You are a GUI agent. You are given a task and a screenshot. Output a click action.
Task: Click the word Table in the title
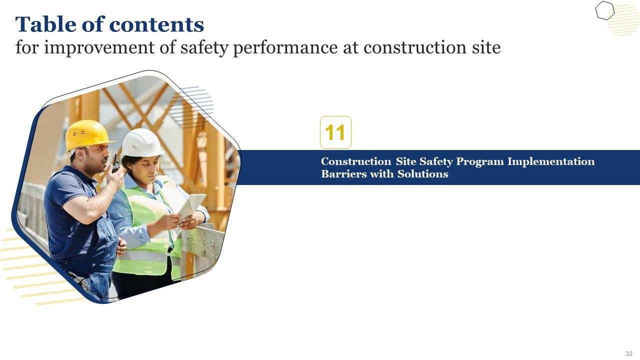pos(45,24)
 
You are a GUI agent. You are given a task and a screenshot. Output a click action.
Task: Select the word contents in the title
pos(156,25)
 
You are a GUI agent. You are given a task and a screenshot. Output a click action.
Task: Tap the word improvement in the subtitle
pos(99,47)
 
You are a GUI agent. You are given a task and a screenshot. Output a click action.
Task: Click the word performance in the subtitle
pos(285,47)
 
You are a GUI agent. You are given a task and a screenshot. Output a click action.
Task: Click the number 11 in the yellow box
pos(335,132)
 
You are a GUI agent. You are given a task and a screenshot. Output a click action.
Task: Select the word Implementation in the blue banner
pos(551,162)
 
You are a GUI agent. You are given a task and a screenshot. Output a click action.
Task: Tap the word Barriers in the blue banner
pos(343,173)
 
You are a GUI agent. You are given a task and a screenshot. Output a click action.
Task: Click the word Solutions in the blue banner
pos(423,173)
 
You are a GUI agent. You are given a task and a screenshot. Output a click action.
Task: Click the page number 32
pos(629,353)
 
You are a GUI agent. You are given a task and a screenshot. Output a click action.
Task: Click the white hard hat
pos(142,142)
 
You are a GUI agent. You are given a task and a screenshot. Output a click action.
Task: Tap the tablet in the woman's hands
pos(191,207)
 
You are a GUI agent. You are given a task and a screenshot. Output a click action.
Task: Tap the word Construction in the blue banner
pos(356,161)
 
